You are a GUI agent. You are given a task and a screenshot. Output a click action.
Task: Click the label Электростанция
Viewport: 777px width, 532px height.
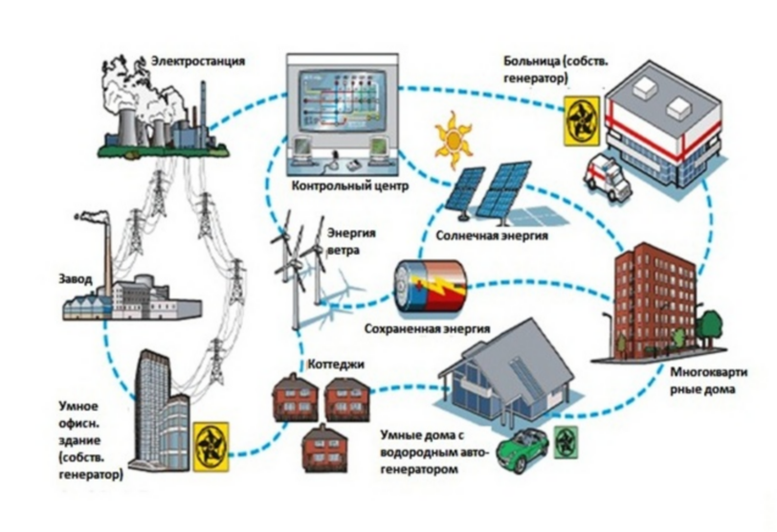(x=198, y=61)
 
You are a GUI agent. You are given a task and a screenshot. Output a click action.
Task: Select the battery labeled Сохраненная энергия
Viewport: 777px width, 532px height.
(x=430, y=288)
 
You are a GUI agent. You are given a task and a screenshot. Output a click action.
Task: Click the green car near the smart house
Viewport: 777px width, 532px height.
(x=523, y=449)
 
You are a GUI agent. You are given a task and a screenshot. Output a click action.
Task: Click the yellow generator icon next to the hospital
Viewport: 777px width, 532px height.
(x=581, y=121)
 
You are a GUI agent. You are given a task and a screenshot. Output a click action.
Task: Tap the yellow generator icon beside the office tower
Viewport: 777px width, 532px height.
(x=211, y=446)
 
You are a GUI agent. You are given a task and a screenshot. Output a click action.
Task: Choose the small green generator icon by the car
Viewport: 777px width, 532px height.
(x=565, y=442)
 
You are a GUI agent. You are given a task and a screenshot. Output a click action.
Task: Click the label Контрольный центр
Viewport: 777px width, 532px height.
(x=350, y=187)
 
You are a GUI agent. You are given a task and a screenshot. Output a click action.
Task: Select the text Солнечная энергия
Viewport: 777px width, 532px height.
(x=492, y=235)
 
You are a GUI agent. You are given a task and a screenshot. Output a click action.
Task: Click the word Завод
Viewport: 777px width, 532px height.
(x=76, y=279)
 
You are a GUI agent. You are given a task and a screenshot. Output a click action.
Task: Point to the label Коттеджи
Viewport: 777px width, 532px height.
(x=336, y=365)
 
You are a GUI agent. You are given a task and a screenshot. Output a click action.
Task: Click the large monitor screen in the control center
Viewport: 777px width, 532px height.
(x=343, y=100)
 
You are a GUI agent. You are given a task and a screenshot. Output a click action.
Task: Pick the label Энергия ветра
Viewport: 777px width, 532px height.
(x=351, y=241)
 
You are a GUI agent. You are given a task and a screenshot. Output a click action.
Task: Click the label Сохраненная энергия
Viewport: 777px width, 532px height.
(x=427, y=329)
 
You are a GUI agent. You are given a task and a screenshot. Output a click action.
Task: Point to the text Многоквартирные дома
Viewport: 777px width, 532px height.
(x=709, y=381)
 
